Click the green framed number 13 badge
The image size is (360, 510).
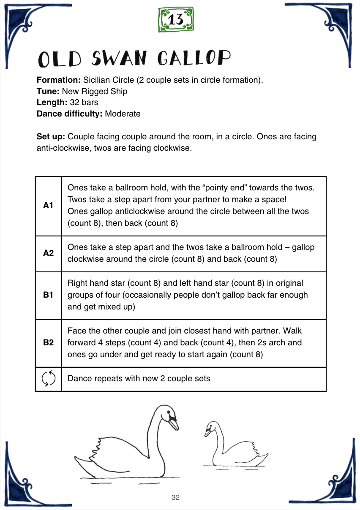click(x=176, y=20)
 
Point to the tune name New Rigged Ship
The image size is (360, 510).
click(x=95, y=91)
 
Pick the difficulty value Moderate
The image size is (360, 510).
click(x=123, y=114)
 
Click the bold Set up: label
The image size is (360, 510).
click(x=51, y=137)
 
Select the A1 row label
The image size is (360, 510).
click(x=48, y=206)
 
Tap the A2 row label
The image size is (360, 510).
click(x=48, y=253)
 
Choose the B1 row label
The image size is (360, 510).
click(x=48, y=295)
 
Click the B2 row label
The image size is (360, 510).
click(x=48, y=343)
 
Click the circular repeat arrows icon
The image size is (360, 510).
click(x=49, y=378)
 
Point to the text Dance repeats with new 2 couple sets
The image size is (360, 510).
click(x=139, y=378)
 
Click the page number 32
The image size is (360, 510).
click(x=176, y=497)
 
